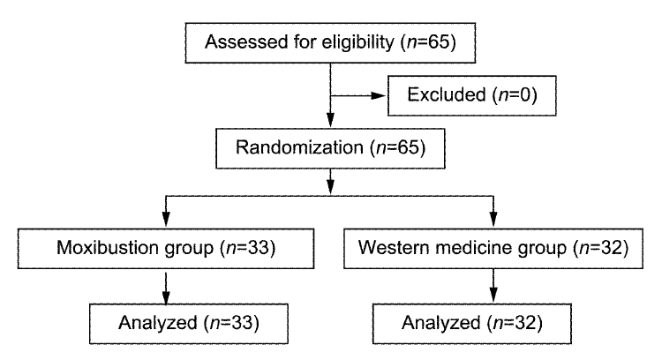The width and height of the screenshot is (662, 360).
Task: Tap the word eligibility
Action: coord(358,42)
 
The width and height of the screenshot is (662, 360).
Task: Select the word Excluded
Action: coord(447,94)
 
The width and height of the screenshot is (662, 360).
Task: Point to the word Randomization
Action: coord(299,147)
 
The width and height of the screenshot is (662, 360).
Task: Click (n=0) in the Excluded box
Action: coord(515,95)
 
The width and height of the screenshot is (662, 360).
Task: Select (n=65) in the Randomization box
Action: coord(398,147)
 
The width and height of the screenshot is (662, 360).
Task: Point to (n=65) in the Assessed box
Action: coord(428,42)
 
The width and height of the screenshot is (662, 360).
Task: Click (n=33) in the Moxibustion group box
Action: coord(248,248)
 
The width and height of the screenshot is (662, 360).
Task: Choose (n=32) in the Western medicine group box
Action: coord(601,248)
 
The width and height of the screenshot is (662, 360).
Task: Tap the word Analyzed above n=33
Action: coord(158,323)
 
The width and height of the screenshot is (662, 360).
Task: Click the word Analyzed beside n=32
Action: coord(441,323)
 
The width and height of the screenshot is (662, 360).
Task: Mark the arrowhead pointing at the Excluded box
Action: coord(379,96)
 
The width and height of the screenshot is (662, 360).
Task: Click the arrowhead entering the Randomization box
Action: coord(331,120)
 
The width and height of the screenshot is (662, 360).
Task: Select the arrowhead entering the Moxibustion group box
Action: coord(166,219)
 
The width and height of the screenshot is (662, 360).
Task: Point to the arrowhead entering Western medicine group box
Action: coord(493,219)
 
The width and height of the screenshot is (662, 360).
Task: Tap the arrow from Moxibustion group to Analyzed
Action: coord(166,289)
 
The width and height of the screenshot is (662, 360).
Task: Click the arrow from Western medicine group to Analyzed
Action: coord(493,286)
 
